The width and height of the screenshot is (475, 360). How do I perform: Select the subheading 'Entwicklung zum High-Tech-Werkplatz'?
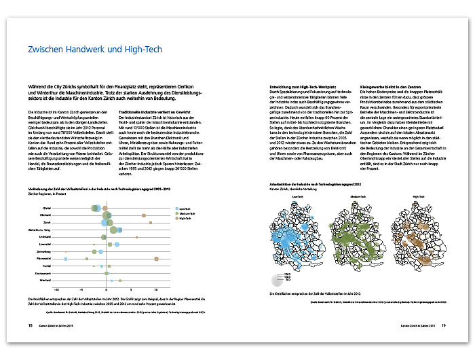[290, 88]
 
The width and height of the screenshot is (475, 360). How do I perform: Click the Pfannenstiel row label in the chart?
[45, 258]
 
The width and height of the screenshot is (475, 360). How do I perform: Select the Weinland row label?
[45, 280]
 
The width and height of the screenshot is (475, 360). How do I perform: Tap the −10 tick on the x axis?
[56, 289]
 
